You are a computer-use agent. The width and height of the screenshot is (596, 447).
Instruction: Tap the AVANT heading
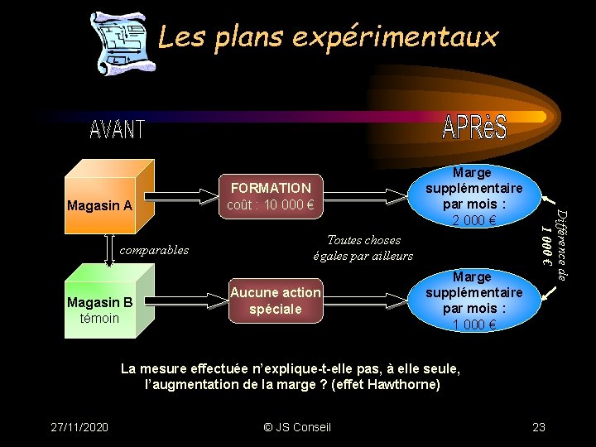(117, 130)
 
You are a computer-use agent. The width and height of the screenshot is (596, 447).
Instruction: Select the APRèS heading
(474, 127)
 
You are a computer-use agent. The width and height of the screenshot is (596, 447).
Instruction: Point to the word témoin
(99, 319)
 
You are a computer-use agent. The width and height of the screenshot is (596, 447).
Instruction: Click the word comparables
(153, 250)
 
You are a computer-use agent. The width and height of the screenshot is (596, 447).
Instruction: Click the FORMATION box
(270, 196)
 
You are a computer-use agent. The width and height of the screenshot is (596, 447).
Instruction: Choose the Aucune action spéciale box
(275, 300)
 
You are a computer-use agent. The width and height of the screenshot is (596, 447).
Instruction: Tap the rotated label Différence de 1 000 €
(554, 245)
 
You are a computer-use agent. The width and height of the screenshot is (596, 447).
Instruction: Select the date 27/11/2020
(79, 427)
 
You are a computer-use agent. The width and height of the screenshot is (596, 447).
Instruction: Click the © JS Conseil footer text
(296, 427)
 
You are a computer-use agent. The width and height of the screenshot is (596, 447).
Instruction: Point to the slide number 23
(539, 427)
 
